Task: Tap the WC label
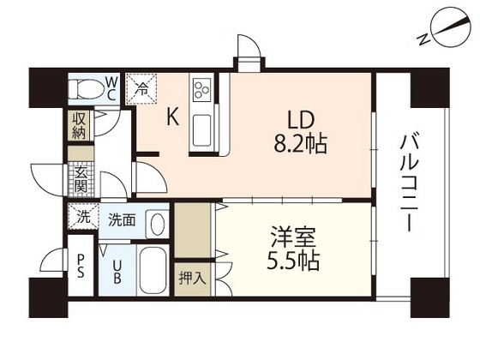[x=111, y=87]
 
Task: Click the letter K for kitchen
[x=172, y=119]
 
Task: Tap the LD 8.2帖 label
[x=298, y=131]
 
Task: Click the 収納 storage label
[x=79, y=125]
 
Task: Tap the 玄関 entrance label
[x=80, y=177]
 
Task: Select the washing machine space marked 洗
[x=82, y=217]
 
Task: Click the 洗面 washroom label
[x=121, y=219]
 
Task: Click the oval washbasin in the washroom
[x=156, y=224]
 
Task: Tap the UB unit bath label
[x=117, y=272]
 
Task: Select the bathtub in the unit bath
[x=153, y=273]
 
